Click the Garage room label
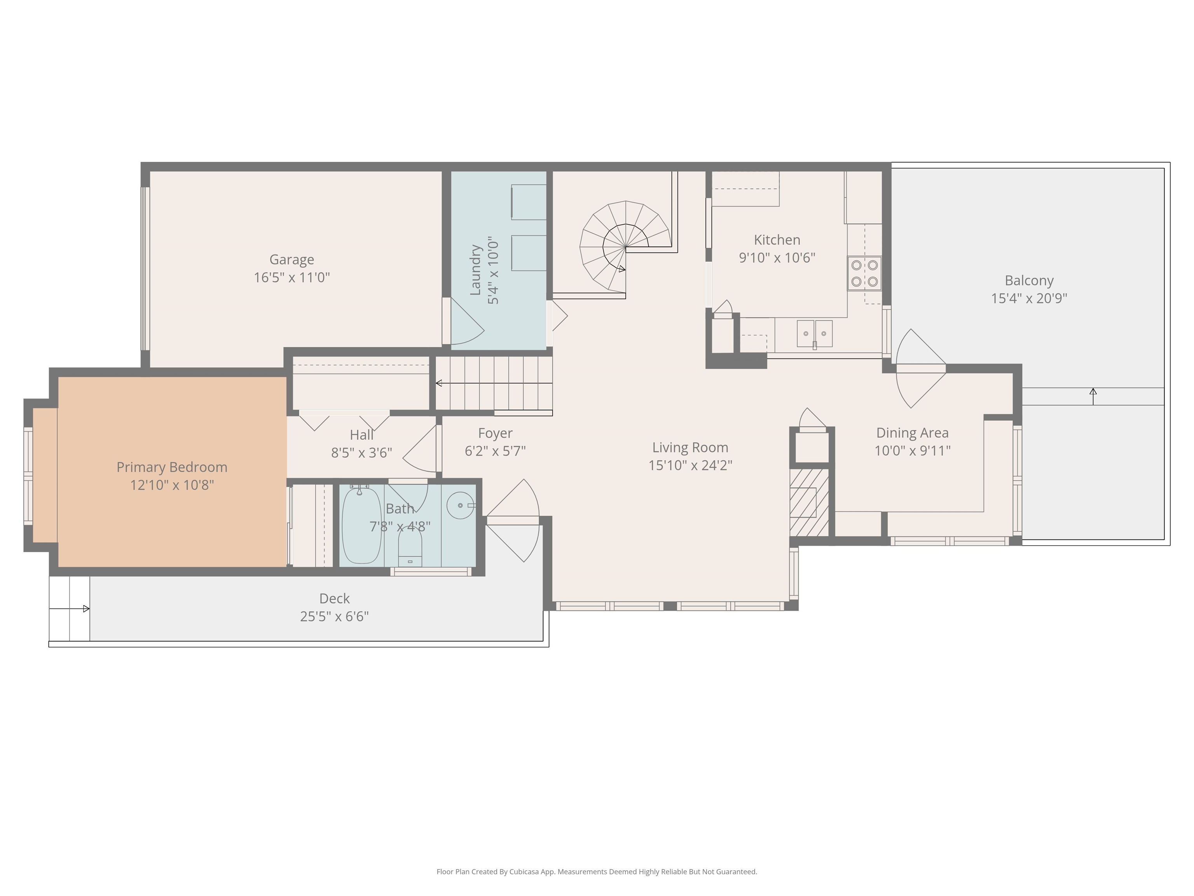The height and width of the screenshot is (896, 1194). (x=292, y=260)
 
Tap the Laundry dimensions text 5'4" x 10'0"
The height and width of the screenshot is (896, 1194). (x=493, y=270)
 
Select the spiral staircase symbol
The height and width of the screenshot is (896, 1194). (x=625, y=247)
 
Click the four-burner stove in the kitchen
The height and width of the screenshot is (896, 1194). (x=864, y=273)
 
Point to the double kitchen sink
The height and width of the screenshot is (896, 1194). (x=815, y=333)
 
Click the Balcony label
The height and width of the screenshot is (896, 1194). (x=1029, y=281)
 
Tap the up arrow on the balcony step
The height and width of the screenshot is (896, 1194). (x=1093, y=396)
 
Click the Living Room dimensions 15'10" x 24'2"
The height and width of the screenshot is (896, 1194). (x=690, y=465)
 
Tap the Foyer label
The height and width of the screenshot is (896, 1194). (x=495, y=433)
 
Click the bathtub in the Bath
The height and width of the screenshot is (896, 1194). (x=361, y=525)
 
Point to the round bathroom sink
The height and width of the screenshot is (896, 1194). (x=461, y=506)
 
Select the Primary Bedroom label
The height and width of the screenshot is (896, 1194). (x=172, y=467)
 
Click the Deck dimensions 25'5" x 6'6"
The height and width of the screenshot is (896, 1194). (x=334, y=616)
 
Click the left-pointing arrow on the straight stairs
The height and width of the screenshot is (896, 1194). (x=439, y=383)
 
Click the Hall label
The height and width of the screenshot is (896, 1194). (x=361, y=435)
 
